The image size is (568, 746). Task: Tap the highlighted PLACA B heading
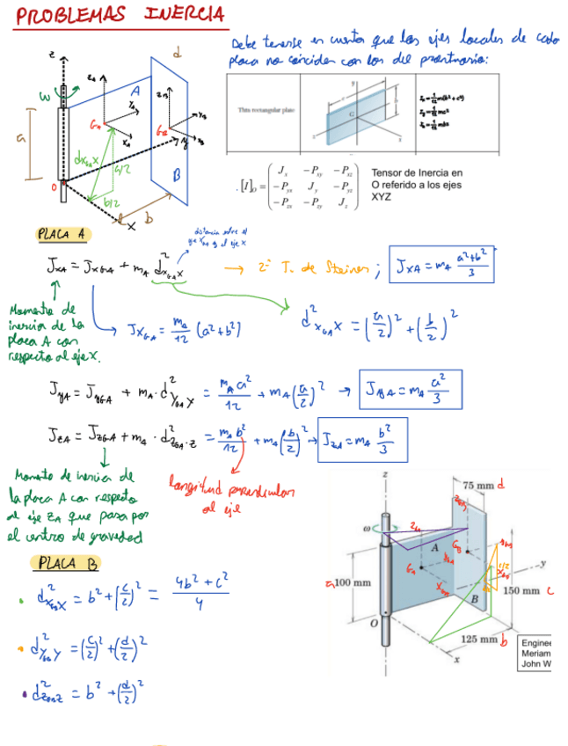[x=66, y=563]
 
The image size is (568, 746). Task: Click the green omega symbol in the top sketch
[x=43, y=95]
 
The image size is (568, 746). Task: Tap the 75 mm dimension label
[x=479, y=485]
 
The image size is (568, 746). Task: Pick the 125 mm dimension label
[x=477, y=640]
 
